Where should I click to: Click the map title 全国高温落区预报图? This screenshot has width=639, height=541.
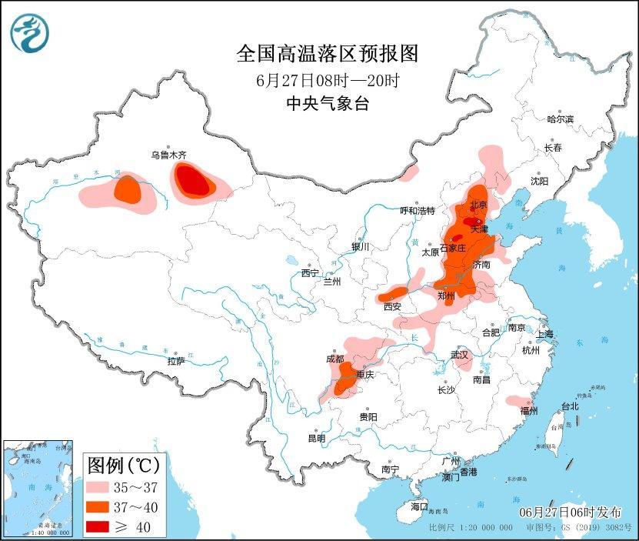pyautogui.click(x=327, y=54)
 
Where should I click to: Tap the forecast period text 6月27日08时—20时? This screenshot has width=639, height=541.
pyautogui.click(x=327, y=80)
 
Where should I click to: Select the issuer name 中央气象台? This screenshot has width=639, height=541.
pyautogui.click(x=327, y=104)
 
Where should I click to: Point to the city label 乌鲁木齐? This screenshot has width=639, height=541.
pyautogui.click(x=168, y=155)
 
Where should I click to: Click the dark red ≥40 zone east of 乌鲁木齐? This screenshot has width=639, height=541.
pyautogui.click(x=193, y=182)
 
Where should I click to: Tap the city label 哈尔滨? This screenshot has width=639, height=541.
pyautogui.click(x=560, y=119)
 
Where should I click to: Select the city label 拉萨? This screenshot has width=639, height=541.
pyautogui.click(x=175, y=361)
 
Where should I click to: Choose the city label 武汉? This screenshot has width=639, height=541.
pyautogui.click(x=461, y=355)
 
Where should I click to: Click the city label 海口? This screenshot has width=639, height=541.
pyautogui.click(x=418, y=506)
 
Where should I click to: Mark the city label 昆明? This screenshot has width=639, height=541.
pyautogui.click(x=316, y=438)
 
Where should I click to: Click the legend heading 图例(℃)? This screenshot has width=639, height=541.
pyautogui.click(x=123, y=465)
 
